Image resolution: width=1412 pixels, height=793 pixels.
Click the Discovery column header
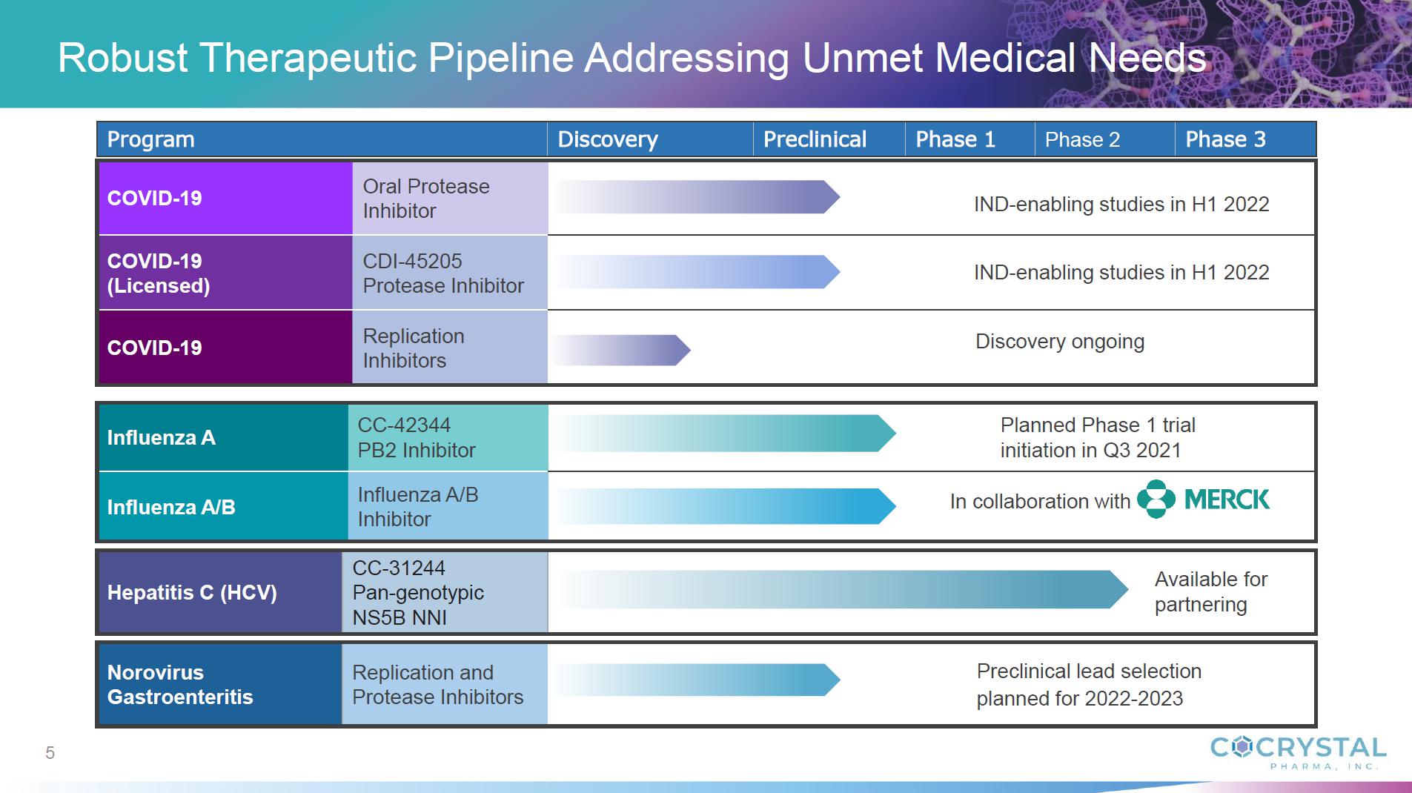[608, 139]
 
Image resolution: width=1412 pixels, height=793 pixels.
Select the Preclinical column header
[815, 139]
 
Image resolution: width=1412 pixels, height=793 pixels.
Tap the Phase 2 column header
[1082, 139]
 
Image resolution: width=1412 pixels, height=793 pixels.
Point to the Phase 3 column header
[1225, 139]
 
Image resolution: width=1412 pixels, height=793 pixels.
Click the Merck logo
[1203, 500]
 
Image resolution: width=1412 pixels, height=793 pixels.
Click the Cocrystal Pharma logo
[1298, 752]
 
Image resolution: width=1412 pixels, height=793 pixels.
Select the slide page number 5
[50, 753]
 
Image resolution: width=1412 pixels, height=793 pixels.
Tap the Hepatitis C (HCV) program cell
[220, 592]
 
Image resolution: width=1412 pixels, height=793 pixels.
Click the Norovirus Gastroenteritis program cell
[220, 684]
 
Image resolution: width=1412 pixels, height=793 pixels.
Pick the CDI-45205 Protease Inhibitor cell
[450, 273]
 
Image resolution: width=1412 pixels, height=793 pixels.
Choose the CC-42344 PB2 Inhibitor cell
[448, 437]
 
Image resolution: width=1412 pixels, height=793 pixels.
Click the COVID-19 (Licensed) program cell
[225, 273]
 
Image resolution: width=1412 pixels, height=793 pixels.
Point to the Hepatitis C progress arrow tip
[1128, 589]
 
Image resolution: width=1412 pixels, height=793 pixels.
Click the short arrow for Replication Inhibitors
[621, 350]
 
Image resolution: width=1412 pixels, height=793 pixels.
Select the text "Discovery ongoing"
[1060, 342]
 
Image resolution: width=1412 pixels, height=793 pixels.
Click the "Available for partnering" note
[1211, 591]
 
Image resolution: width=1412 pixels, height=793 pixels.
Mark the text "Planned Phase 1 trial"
[1098, 425]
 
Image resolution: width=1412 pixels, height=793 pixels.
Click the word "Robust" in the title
[123, 57]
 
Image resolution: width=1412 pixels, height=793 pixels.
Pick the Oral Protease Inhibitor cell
[450, 199]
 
